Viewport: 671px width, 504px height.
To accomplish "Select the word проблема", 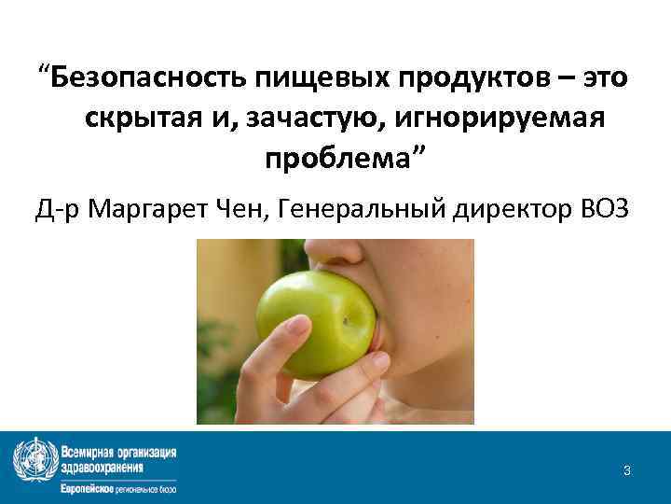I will (340, 161).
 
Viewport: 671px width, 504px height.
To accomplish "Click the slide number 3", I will (627, 471).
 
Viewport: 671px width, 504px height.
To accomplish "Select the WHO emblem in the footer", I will (34, 460).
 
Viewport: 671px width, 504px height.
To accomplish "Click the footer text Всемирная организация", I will (118, 453).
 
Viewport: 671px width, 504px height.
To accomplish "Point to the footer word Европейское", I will (89, 488).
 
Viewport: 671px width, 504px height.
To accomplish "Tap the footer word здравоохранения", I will (102, 467).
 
